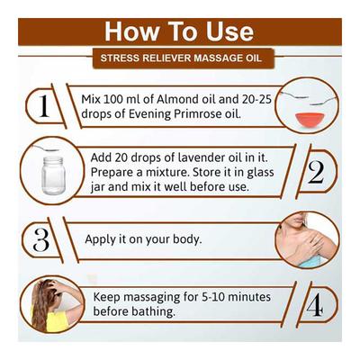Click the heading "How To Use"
pyautogui.click(x=179, y=31)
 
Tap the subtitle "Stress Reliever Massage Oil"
pyautogui.click(x=179, y=60)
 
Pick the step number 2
pyautogui.click(x=315, y=174)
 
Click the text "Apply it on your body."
pyautogui.click(x=143, y=240)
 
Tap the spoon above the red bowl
pyautogui.click(x=301, y=97)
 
